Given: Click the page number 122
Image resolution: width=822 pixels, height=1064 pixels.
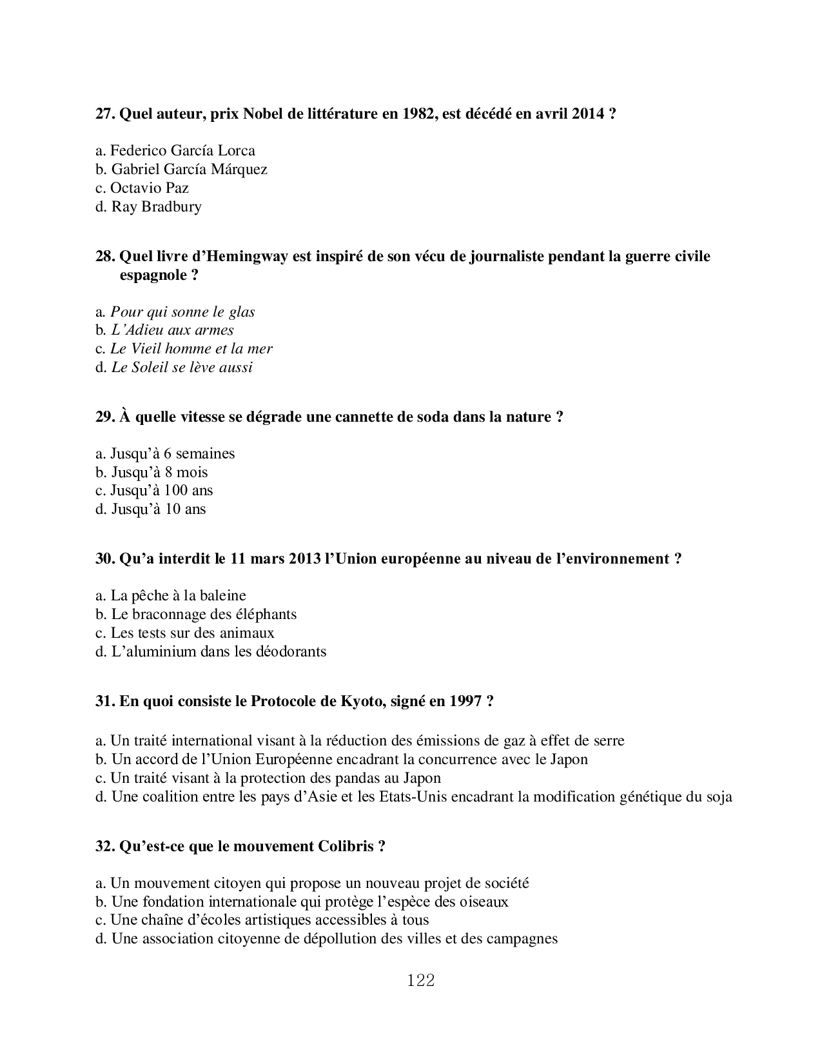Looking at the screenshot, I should (x=421, y=981).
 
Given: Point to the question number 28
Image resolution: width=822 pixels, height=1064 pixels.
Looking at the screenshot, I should (x=105, y=257).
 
